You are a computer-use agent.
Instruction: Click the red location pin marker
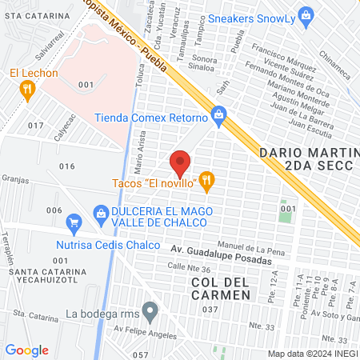[x=181, y=163]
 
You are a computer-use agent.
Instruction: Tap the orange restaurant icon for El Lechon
[x=28, y=90]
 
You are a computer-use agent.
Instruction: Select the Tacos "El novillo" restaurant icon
[x=207, y=182]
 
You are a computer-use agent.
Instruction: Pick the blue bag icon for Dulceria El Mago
[x=100, y=212]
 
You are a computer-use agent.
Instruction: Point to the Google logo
[x=27, y=350]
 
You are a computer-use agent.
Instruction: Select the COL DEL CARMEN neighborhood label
[x=221, y=289]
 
